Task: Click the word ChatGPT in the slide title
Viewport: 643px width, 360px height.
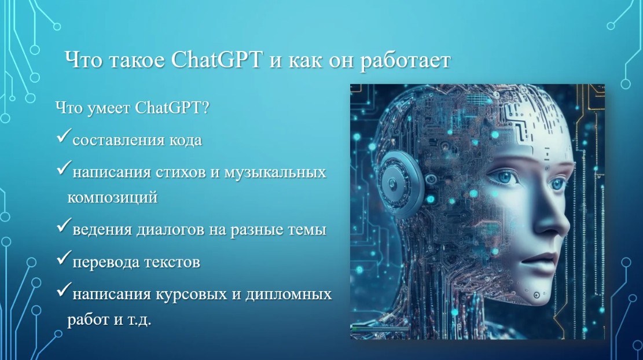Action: click(x=216, y=60)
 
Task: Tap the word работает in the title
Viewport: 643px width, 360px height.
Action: click(x=406, y=61)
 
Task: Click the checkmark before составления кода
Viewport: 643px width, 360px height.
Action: click(x=64, y=135)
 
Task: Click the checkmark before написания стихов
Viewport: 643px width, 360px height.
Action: click(x=64, y=167)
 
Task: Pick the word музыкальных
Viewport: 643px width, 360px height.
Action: click(x=275, y=172)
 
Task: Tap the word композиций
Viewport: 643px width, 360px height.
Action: click(x=112, y=197)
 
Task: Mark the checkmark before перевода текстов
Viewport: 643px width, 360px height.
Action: click(x=64, y=257)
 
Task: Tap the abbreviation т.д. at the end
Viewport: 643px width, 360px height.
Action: click(x=138, y=319)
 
